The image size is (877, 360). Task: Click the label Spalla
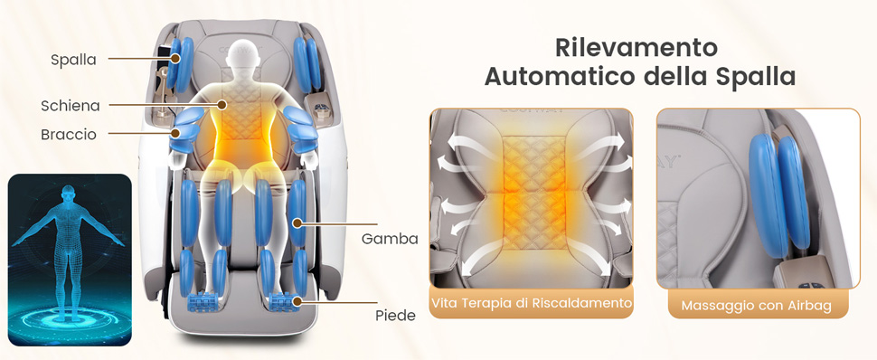(73, 60)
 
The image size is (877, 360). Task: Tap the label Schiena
(71, 105)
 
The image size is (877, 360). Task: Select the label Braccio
(68, 135)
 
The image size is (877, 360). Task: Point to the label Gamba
(390, 239)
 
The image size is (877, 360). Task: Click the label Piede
(395, 315)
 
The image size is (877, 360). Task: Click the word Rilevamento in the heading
(636, 48)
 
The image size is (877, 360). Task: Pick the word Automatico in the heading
(565, 76)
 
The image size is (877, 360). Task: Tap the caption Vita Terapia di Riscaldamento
(532, 303)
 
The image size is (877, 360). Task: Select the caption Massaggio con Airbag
(756, 307)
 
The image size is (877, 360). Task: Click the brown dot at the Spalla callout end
(175, 58)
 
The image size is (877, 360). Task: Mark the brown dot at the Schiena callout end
(222, 104)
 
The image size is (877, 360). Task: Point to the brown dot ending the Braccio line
(175, 133)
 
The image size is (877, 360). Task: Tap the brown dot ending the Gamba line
(297, 223)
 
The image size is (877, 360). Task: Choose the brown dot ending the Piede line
(297, 302)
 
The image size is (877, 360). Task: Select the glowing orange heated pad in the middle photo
(534, 194)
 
